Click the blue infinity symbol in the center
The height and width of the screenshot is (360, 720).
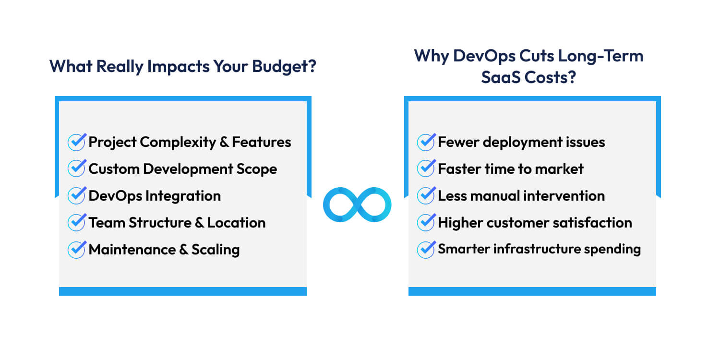click(x=357, y=204)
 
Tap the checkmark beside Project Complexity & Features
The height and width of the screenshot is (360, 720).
click(x=77, y=142)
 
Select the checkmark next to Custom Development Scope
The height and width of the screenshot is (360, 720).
click(x=77, y=168)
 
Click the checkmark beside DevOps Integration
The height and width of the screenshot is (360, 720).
click(x=77, y=195)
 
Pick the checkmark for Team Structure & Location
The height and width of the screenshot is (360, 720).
click(x=77, y=222)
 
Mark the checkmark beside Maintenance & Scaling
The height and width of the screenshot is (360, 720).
click(x=77, y=249)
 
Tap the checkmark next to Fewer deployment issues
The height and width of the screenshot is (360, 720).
click(x=426, y=142)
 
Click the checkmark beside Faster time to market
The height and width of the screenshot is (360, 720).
click(x=426, y=168)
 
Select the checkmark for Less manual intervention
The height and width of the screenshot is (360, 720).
click(x=426, y=195)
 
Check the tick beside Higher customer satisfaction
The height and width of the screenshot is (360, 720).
click(x=426, y=222)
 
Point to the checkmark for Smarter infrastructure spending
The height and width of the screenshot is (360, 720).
click(x=426, y=249)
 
